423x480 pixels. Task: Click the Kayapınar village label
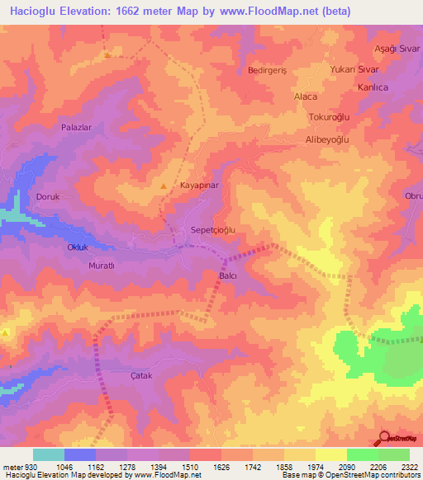click(x=198, y=187)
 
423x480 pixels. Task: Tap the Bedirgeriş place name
click(x=267, y=71)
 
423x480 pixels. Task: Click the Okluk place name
click(x=78, y=247)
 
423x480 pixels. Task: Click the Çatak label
click(x=120, y=375)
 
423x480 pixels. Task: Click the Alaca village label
click(x=306, y=96)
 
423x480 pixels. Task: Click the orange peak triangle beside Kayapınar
click(x=164, y=186)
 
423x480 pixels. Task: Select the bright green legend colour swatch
click(x=362, y=454)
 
